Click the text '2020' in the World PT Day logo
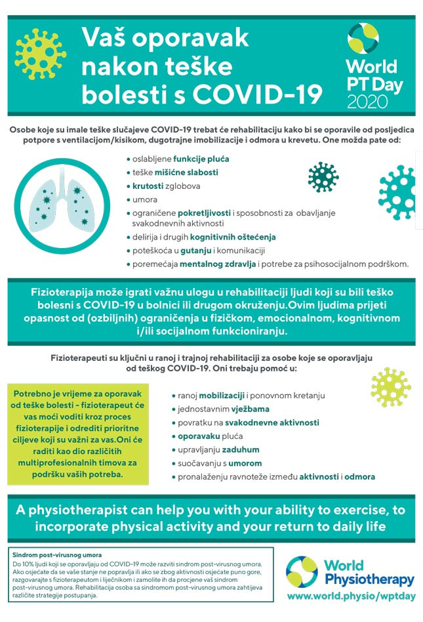(367, 101)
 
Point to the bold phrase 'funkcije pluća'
(201, 159)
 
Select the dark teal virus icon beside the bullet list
(323, 176)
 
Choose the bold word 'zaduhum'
(239, 449)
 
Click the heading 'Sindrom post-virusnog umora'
(56, 555)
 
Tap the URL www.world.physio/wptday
(351, 595)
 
